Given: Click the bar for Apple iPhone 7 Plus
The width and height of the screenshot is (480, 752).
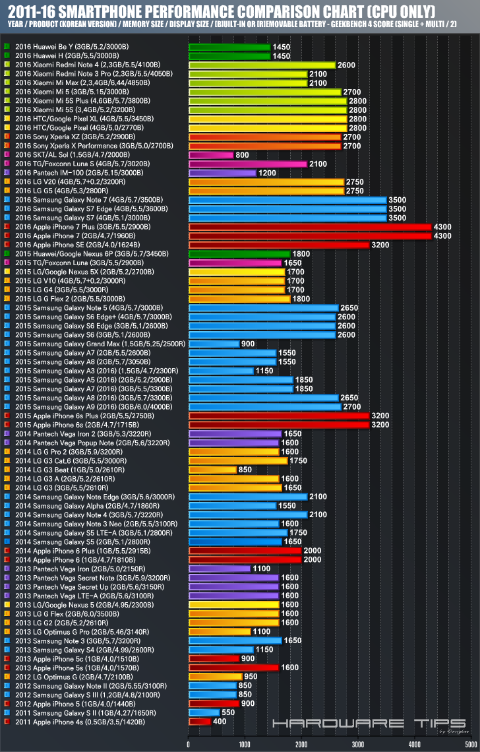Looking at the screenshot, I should pos(309,227).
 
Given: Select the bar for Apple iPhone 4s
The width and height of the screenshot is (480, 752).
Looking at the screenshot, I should pos(199,722).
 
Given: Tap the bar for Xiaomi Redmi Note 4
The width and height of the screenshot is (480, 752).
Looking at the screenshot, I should pos(262,65).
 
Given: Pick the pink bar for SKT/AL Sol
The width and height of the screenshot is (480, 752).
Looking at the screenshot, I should pos(210,155).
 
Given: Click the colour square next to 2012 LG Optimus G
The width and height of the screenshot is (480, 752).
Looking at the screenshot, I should pos(6,677).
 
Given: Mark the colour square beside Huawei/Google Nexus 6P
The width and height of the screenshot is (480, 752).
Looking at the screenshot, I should pos(6,254).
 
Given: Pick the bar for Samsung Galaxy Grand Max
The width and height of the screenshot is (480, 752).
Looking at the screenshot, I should pos(214,344).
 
